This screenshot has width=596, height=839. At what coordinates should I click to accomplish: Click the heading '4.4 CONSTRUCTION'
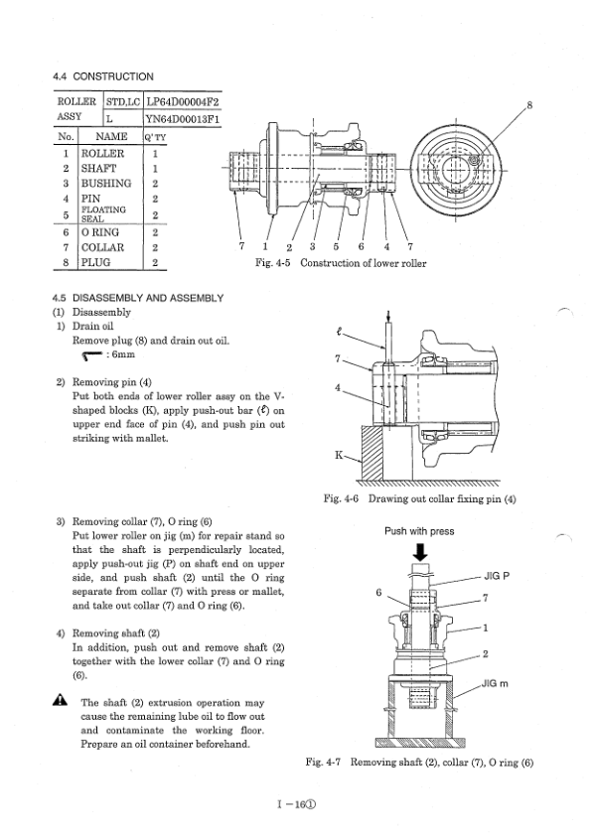(x=103, y=76)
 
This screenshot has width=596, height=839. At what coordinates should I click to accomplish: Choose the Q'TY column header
(x=155, y=138)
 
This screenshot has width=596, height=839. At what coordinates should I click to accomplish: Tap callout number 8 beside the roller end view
(x=529, y=103)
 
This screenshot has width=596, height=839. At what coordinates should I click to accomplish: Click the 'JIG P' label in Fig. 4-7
(x=499, y=575)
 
